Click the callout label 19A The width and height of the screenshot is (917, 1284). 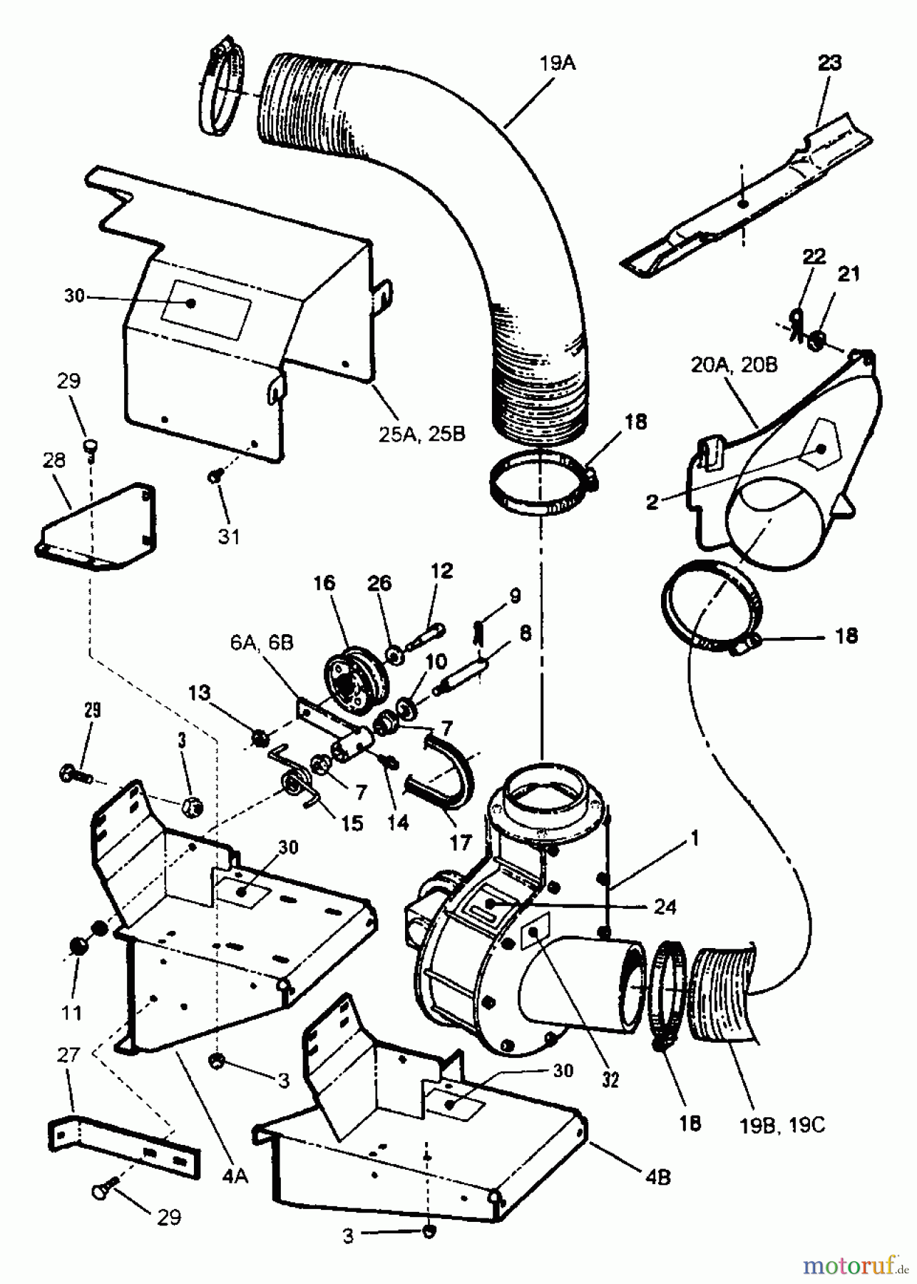pos(558,63)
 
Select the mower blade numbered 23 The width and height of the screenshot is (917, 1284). pos(742,203)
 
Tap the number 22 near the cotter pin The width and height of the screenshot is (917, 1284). pos(814,258)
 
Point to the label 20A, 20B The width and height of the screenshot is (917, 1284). pos(734,365)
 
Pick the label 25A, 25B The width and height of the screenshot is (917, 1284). pos(422,432)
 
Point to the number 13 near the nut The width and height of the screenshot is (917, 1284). pos(200,692)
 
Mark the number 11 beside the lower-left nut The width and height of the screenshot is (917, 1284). pos(72,1012)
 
